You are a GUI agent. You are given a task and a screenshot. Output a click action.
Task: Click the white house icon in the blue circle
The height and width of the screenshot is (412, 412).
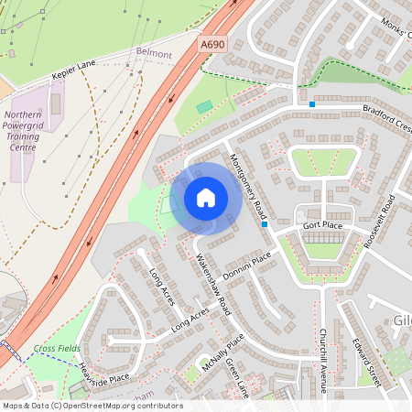click(x=206, y=198)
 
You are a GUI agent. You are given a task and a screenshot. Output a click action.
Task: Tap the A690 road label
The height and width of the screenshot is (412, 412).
click(x=212, y=43)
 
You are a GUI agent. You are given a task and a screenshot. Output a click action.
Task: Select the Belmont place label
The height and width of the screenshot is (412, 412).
click(x=154, y=55)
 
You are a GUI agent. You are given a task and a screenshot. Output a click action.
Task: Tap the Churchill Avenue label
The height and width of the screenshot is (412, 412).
click(x=323, y=361)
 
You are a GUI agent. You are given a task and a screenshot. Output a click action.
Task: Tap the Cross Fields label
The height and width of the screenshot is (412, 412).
click(x=57, y=349)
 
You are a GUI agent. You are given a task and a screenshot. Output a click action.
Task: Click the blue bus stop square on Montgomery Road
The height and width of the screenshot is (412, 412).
click(x=265, y=223)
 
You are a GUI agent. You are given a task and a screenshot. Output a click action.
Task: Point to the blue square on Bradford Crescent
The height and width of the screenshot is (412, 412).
click(x=312, y=105)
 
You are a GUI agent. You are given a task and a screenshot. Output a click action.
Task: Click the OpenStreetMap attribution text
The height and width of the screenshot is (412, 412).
click(x=92, y=406)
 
